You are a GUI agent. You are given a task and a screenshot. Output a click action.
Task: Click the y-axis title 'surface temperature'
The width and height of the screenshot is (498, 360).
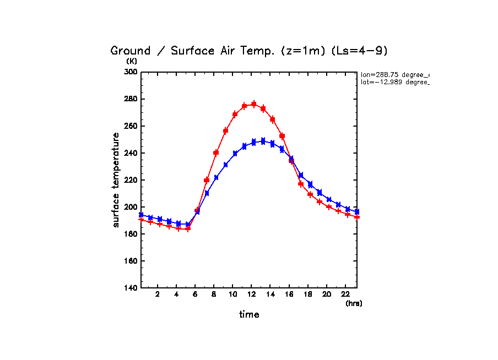(x=116, y=180)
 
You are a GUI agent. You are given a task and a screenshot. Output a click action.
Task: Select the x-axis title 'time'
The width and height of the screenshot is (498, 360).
(x=249, y=315)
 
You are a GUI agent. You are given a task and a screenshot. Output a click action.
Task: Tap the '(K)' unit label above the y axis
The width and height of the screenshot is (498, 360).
(x=131, y=61)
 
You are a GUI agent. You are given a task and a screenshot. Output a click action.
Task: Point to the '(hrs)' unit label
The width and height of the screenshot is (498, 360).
(x=354, y=303)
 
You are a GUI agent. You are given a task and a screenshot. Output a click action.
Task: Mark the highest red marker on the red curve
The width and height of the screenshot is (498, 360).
(x=254, y=103)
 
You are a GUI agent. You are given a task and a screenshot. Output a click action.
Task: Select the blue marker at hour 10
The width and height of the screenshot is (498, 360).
(x=235, y=154)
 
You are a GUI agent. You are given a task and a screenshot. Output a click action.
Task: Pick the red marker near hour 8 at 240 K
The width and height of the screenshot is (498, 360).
(x=216, y=152)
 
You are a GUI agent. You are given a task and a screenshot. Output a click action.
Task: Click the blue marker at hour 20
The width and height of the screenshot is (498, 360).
(x=329, y=199)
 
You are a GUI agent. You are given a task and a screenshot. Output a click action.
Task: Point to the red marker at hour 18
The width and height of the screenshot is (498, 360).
(x=310, y=194)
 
